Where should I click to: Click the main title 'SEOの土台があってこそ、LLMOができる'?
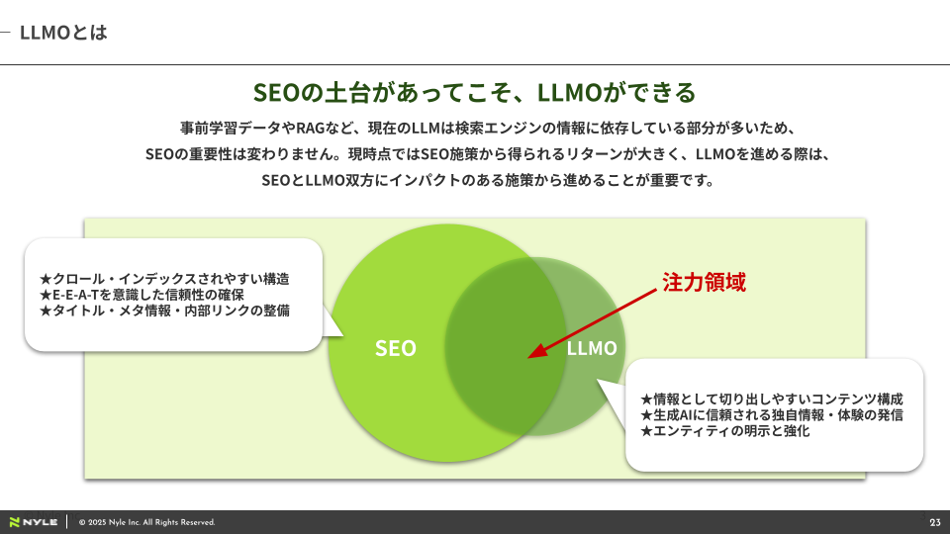click(475, 93)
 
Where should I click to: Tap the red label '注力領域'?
click(703, 282)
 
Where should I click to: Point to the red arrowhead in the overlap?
click(534, 351)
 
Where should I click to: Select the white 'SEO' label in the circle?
click(395, 348)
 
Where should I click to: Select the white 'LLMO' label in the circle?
click(592, 348)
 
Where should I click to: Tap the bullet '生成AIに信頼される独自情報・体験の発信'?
click(772, 415)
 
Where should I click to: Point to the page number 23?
click(934, 522)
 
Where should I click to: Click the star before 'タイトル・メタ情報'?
click(45, 311)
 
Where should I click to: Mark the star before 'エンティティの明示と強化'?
click(646, 431)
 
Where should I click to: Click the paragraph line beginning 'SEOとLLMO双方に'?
click(475, 181)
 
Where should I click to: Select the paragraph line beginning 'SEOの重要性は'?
click(475, 155)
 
